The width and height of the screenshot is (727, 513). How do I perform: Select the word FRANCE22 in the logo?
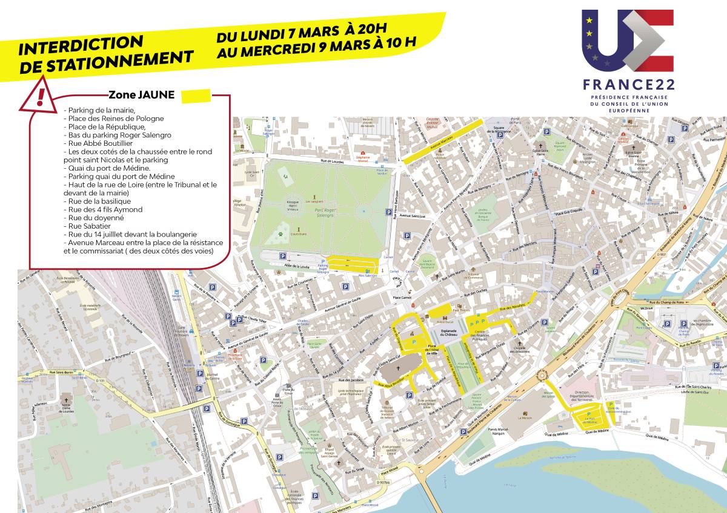[x=628, y=85]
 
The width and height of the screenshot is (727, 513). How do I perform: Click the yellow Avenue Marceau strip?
[x=443, y=140]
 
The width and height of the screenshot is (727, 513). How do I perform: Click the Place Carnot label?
[x=402, y=298]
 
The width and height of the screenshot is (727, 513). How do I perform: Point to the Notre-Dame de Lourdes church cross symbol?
[x=67, y=400]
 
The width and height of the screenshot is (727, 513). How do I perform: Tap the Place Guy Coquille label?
[x=566, y=213]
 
